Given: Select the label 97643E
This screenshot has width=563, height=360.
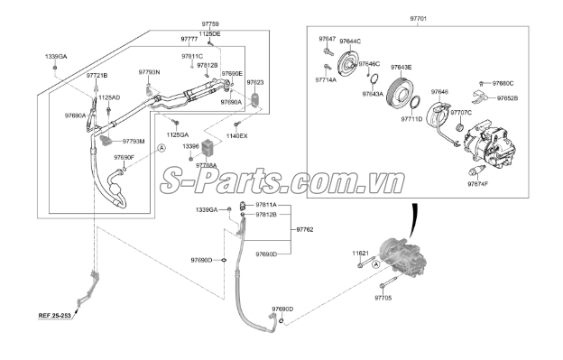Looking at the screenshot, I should pos(401,68).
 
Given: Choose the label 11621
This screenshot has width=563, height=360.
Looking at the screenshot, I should pos(360,255).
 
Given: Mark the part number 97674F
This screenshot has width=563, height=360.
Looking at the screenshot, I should pos(477,184).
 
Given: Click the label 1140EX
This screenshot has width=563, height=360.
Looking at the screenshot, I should pos(236,135).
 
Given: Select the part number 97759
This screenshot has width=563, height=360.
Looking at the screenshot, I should pos(208,24).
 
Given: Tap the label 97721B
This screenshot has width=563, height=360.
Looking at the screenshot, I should pos(97,76).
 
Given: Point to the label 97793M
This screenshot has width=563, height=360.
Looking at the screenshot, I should pos(133,141).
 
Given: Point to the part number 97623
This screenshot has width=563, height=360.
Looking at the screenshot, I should pos(255,81).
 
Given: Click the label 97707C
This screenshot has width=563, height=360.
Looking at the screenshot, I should pos(460,113).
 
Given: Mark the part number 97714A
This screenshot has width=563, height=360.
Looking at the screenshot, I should pos(326,80).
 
